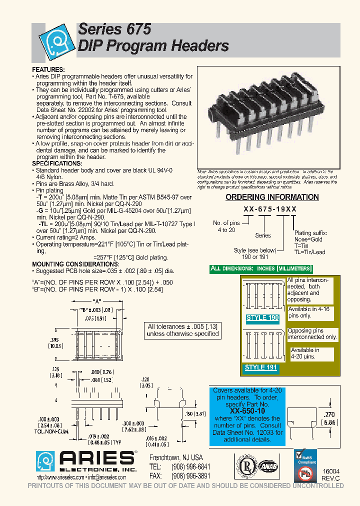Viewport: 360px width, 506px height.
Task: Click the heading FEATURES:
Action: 48,69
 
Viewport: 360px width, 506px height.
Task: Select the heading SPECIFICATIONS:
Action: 57,163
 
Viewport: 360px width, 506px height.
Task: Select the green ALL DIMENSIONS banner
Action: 261,268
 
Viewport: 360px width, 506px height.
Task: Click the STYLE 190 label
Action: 263,318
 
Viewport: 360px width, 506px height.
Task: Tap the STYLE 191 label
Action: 260,367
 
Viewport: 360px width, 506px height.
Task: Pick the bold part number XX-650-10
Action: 248,410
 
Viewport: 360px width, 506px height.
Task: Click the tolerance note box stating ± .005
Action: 183,330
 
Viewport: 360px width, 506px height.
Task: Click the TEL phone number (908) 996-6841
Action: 192,466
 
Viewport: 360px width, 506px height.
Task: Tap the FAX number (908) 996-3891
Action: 192,475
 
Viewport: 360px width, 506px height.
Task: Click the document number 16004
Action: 330,471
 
